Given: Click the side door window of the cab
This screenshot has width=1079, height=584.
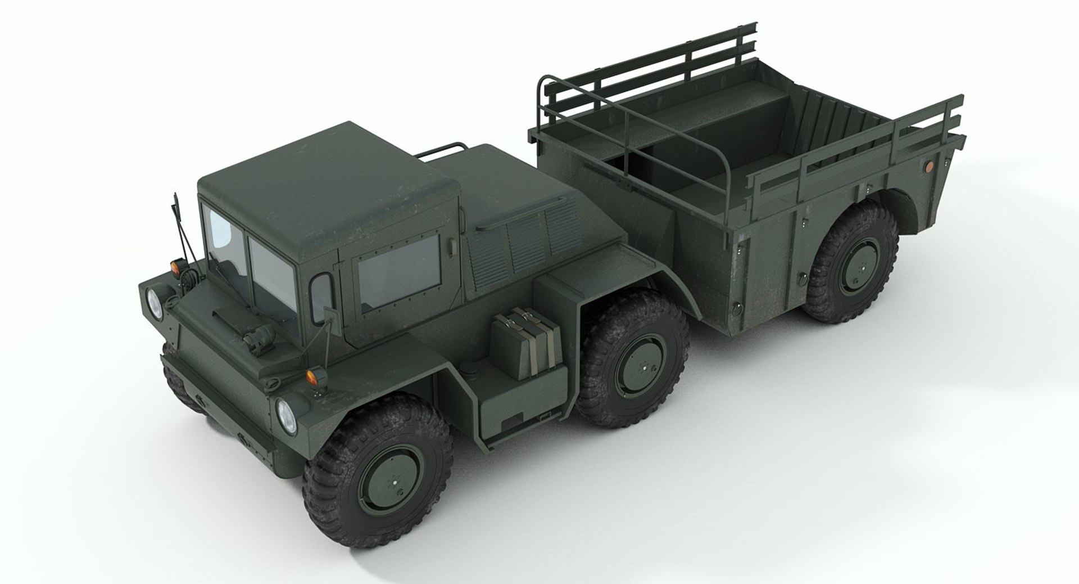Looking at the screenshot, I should (x=399, y=272).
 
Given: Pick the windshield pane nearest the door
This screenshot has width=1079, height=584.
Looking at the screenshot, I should (x=271, y=269).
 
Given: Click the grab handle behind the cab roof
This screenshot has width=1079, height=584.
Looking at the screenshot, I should (x=445, y=149).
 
